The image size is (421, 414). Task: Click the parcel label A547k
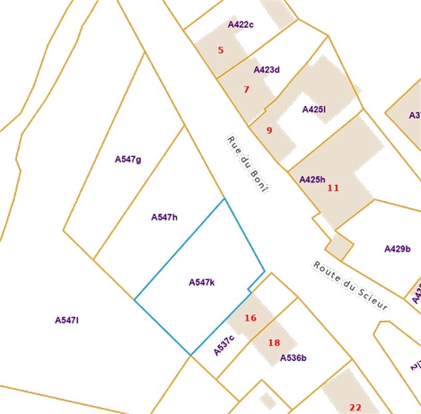202,282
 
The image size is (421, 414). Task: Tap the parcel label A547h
164,217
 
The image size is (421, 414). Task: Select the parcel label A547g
128,159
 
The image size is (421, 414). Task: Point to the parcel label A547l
67,320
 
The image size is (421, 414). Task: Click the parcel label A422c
240,24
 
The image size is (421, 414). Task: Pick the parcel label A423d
267,70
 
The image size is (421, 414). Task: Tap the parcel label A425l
314,109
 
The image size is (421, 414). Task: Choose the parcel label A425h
312,180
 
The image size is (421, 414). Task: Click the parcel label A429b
397,249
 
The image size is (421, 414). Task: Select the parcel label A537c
224,345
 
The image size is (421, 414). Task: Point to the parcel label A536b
293,358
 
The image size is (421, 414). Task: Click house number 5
221,50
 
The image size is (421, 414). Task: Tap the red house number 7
246,90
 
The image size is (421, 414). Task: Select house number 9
269,130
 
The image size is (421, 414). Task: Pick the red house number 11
333,188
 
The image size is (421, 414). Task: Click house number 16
250,318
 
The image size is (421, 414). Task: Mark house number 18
274,343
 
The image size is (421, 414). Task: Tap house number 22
355,407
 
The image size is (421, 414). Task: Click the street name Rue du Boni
248,164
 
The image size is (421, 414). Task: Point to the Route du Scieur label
350,285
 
